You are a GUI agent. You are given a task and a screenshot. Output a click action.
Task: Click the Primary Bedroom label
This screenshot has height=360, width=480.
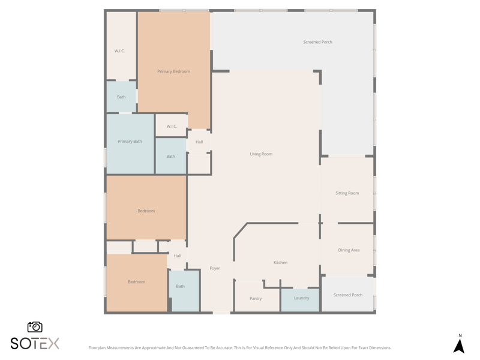[x=173, y=71]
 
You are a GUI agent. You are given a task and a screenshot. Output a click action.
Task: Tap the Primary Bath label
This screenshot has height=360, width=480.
[x=130, y=142]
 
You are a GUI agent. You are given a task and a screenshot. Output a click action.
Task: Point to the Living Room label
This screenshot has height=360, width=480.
[x=261, y=154]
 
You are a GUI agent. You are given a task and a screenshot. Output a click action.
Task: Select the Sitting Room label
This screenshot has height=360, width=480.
[x=347, y=193]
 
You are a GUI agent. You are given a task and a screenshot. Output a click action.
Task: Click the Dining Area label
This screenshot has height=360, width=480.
[x=349, y=250]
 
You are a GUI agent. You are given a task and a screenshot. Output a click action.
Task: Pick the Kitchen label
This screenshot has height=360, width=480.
[x=280, y=263]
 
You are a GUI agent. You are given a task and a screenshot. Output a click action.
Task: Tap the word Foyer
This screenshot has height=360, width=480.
[x=215, y=268]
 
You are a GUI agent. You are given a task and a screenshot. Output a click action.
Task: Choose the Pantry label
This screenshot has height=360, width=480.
[x=256, y=298]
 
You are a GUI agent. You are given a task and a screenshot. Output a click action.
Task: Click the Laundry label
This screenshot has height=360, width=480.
[x=302, y=298]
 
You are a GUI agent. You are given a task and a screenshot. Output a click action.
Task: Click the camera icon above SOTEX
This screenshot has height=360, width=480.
[x=35, y=327]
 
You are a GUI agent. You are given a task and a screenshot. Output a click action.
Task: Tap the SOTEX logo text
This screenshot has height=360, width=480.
[x=35, y=343]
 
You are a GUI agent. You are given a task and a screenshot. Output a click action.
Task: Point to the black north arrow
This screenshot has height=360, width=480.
[x=459, y=346]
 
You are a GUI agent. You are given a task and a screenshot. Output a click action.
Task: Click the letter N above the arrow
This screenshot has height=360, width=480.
[x=460, y=335]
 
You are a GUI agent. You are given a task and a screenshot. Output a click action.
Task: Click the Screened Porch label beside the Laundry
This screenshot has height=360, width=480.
[x=348, y=295]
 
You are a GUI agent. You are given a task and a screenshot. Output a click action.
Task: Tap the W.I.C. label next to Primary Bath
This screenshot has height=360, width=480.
[x=172, y=126]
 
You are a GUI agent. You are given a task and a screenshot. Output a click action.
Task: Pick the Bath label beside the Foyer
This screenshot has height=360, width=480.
[x=181, y=287]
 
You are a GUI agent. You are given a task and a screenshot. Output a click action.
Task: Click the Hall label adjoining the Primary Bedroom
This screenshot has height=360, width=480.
[x=199, y=142]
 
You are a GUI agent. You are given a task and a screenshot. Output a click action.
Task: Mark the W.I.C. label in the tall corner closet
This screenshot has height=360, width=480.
[x=119, y=51]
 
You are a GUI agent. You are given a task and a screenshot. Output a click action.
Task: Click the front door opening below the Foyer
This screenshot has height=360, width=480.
[x=221, y=313]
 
